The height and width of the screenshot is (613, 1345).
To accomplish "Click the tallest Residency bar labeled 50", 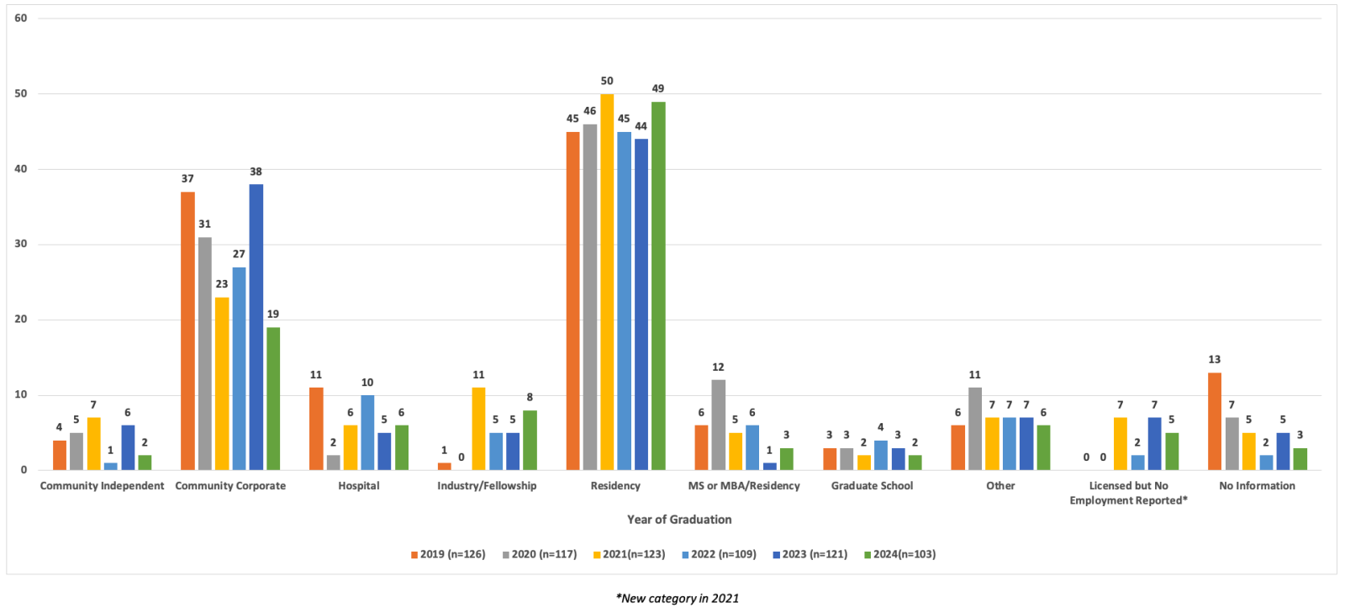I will click(607, 282).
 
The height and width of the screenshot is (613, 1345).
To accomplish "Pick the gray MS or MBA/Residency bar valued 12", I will click(718, 425).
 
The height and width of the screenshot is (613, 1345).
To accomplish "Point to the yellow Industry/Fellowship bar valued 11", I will click(478, 428).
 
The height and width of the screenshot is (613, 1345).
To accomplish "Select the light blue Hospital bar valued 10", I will click(367, 432).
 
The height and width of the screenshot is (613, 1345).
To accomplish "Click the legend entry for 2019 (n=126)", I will click(448, 554).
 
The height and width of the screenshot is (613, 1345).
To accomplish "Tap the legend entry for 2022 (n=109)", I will click(719, 554).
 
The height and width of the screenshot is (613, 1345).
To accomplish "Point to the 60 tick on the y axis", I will click(21, 18).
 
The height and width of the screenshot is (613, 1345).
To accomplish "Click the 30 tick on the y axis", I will click(21, 244).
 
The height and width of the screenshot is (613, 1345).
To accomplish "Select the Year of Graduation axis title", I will click(679, 520).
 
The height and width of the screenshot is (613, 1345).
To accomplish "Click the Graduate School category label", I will click(872, 486).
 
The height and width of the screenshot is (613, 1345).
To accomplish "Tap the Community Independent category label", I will click(102, 486).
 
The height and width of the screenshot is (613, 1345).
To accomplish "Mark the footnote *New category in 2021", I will click(678, 599).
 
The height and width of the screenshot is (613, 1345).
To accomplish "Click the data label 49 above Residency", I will click(658, 88).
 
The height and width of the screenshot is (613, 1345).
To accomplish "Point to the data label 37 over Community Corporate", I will click(187, 179).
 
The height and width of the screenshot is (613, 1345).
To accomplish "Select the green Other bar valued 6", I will click(1043, 447).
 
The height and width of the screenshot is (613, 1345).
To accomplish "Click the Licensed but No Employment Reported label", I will click(1128, 493).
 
